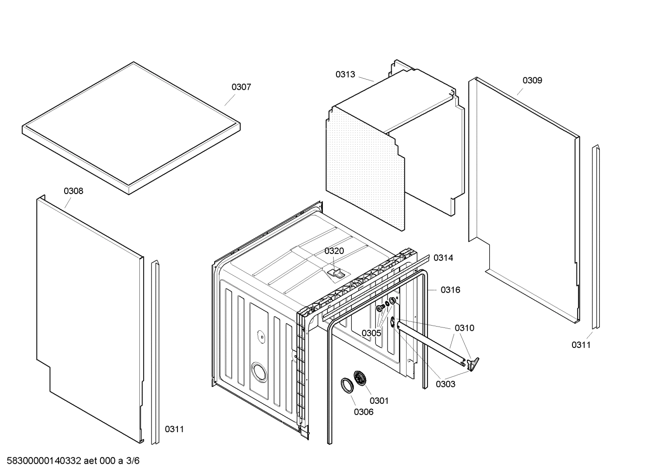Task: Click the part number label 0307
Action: click(241, 87)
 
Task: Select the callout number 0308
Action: click(73, 191)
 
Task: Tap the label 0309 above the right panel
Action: click(532, 80)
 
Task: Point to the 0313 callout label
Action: click(345, 74)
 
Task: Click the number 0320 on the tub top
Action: click(334, 251)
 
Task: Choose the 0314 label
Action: click(443, 258)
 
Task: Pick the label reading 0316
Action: click(450, 290)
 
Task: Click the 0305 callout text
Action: click(371, 333)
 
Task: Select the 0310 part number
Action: click(464, 328)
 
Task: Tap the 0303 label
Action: click(445, 384)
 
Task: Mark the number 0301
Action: click(379, 401)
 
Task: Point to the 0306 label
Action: click(363, 412)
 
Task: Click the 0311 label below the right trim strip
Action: click(581, 345)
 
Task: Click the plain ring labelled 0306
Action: click(347, 385)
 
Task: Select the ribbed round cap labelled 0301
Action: click(360, 378)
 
